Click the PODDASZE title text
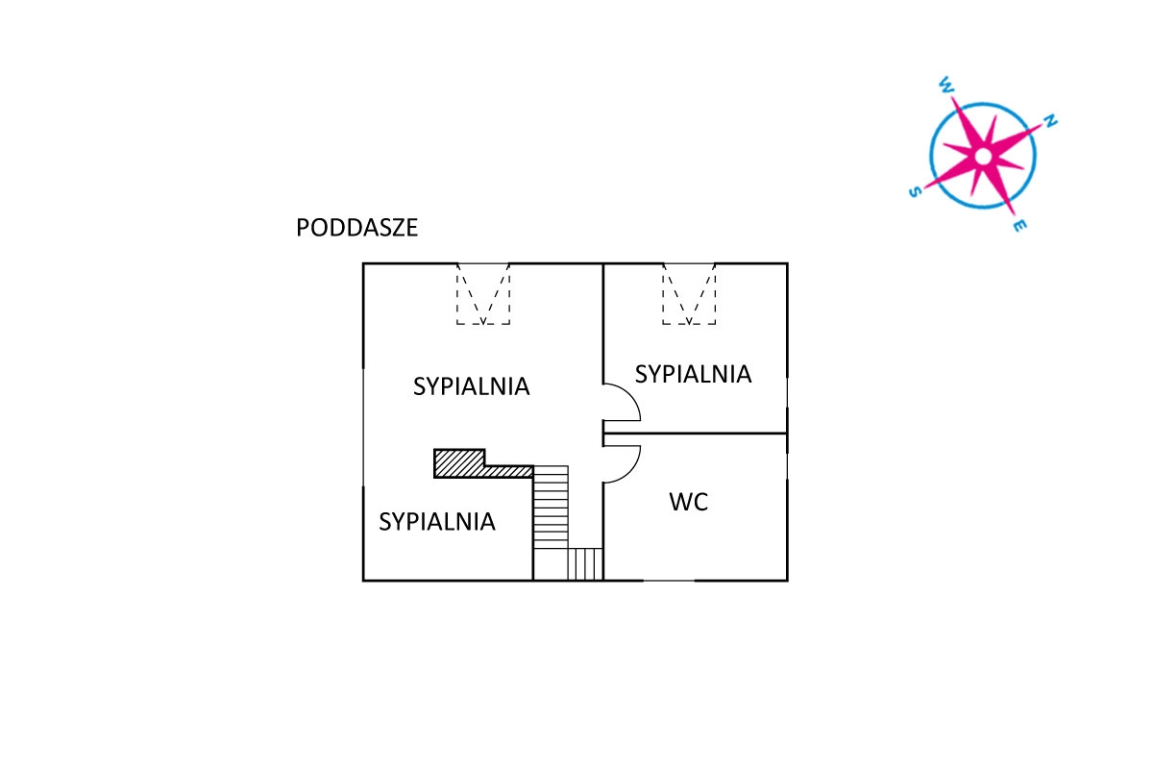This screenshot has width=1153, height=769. click(x=356, y=229)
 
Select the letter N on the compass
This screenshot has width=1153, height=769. click(x=1050, y=122)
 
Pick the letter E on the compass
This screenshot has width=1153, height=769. click(x=1019, y=226)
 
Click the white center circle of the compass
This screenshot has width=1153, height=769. click(x=982, y=155)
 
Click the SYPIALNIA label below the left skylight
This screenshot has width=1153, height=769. click(x=472, y=386)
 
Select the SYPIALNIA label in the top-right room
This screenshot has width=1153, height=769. click(x=693, y=374)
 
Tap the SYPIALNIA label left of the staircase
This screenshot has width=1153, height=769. click(x=437, y=522)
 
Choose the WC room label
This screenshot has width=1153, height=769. click(x=689, y=502)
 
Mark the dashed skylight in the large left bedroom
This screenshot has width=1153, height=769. click(x=483, y=294)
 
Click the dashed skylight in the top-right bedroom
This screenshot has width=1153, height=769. click(x=689, y=294)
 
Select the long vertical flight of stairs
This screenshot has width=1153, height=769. click(x=551, y=507)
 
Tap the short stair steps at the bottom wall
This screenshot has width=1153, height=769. click(x=585, y=563)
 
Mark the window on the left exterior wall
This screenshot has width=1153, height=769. click(x=363, y=428)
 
